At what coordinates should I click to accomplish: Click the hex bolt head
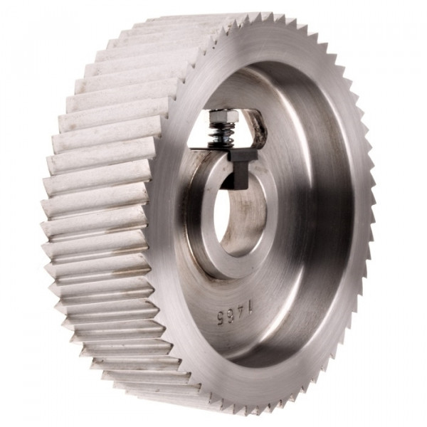[x=223, y=116]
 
